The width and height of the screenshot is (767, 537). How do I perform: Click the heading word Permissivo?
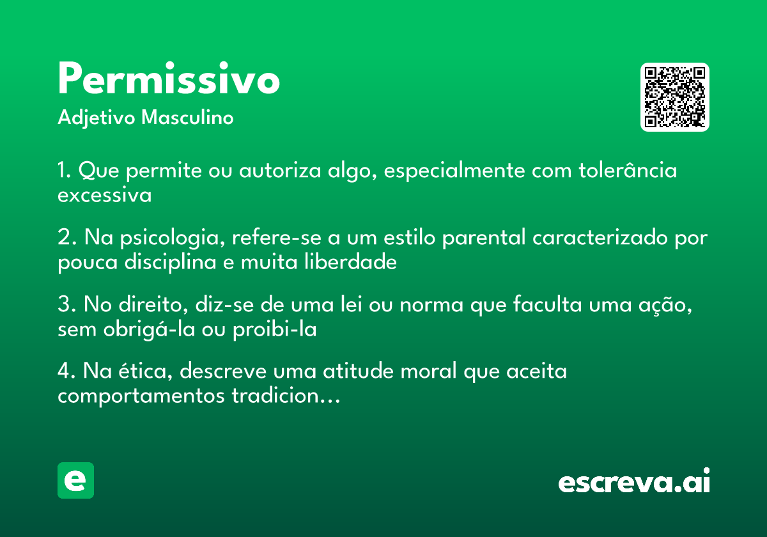[x=169, y=78]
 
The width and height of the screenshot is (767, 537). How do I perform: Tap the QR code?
[x=674, y=97]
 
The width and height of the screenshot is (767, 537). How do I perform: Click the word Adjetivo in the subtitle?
[x=97, y=118]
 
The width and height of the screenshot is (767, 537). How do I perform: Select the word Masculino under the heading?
[x=187, y=118]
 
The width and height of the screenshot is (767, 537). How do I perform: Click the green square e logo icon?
[x=75, y=480]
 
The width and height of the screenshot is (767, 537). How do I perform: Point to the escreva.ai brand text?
[x=634, y=480]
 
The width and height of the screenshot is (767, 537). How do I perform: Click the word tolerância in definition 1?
[x=628, y=170]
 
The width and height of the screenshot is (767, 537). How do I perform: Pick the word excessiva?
[x=104, y=194]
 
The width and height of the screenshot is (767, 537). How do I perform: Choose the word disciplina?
[x=171, y=263]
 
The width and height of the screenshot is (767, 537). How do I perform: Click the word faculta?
[x=547, y=304]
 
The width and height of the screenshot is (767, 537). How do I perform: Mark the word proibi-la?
[x=275, y=330]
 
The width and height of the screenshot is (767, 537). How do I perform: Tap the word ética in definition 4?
[x=146, y=371]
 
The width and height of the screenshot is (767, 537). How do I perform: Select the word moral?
[x=428, y=371]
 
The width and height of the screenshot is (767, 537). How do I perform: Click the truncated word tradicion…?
[x=286, y=396]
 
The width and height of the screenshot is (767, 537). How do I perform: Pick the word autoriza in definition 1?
[x=280, y=170]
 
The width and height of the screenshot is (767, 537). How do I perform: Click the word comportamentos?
[x=141, y=396]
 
